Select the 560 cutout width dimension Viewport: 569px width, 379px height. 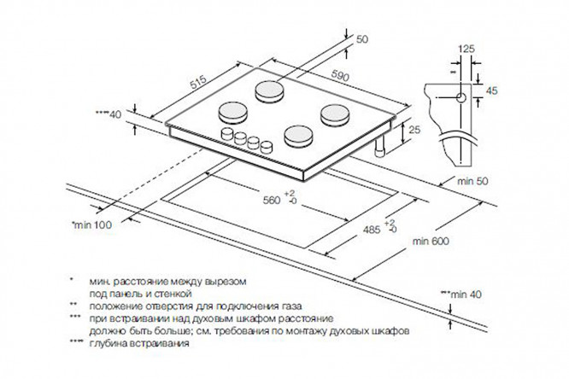pos(269,201)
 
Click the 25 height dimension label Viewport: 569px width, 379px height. pos(414,130)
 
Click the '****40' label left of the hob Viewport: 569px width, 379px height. pos(110,112)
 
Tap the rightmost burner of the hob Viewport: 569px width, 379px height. pos(333,112)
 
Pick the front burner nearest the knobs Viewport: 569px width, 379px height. pos(297,134)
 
